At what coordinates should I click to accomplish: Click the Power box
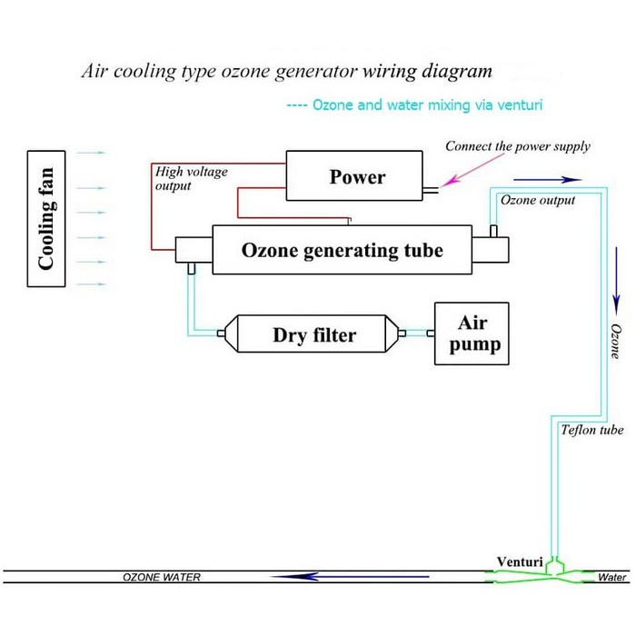[x=357, y=176]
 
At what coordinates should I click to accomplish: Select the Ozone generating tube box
[x=342, y=249]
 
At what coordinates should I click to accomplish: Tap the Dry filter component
[x=314, y=335]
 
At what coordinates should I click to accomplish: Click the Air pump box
[x=472, y=333]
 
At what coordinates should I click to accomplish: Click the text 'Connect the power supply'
[x=517, y=146]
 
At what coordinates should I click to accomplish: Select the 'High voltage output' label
[x=192, y=178]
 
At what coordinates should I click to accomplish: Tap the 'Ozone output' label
[x=538, y=200]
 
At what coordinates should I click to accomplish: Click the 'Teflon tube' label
[x=592, y=430]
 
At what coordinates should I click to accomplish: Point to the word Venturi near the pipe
[x=520, y=561]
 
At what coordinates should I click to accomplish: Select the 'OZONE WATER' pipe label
[x=162, y=577]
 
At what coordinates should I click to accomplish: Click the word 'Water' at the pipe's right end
[x=613, y=577]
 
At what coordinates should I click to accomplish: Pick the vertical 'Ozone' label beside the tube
[x=615, y=341]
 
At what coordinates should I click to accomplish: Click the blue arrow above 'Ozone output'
[x=558, y=179]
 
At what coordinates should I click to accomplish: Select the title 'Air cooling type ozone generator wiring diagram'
[x=287, y=70]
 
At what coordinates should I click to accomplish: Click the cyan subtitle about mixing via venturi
[x=414, y=105]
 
